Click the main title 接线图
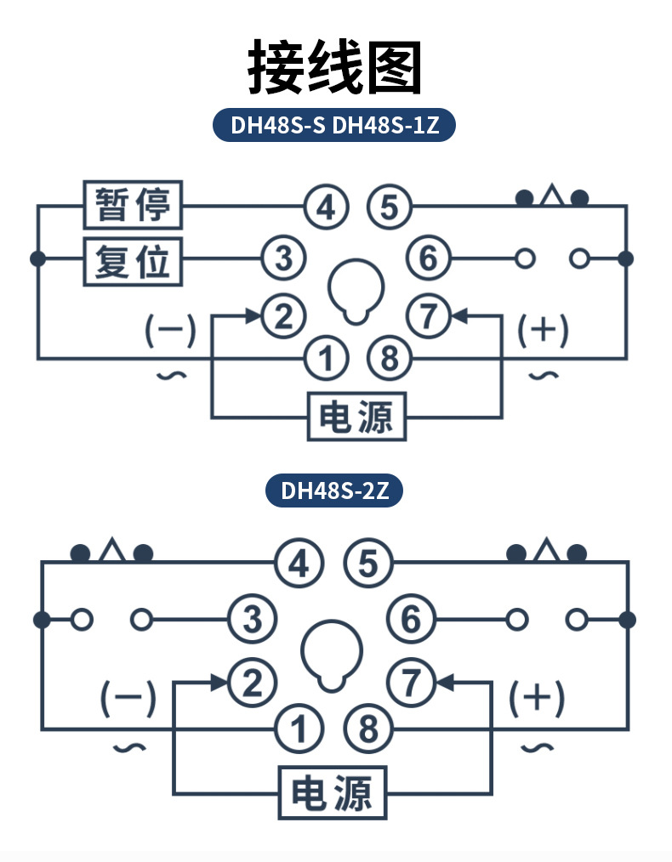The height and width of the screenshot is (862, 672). pyautogui.click(x=335, y=66)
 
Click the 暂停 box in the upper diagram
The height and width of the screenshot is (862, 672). pyautogui.click(x=133, y=205)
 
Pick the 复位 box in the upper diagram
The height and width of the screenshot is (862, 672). pyautogui.click(x=133, y=259)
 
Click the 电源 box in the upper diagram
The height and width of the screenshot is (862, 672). pyautogui.click(x=356, y=417)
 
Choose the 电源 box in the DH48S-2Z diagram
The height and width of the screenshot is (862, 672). pyautogui.click(x=333, y=793)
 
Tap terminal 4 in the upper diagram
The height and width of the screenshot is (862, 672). pyautogui.click(x=327, y=207)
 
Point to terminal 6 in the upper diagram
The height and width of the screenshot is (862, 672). pyautogui.click(x=428, y=258)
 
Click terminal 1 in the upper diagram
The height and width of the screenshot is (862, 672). pyautogui.click(x=327, y=358)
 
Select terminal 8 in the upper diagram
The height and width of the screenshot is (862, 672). pyautogui.click(x=389, y=358)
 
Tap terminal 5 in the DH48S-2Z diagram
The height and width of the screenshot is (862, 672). pyautogui.click(x=367, y=564)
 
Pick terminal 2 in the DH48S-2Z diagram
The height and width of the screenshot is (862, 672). pyautogui.click(x=253, y=681)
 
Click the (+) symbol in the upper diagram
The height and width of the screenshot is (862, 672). pyautogui.click(x=544, y=331)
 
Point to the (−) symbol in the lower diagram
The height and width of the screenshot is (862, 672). pyautogui.click(x=128, y=698)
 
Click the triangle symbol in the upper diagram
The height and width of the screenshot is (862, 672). pyautogui.click(x=553, y=196)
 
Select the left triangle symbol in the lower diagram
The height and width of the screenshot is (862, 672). pyautogui.click(x=111, y=552)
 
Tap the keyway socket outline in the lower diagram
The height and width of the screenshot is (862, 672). pyautogui.click(x=331, y=653)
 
